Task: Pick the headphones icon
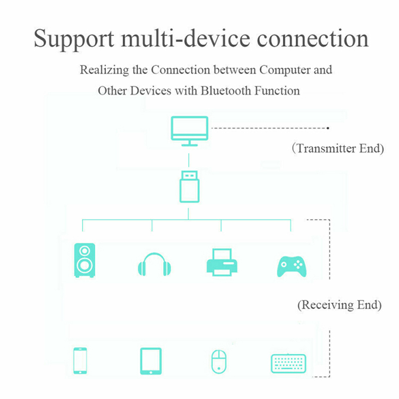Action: tap(154, 264)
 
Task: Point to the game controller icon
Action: tap(291, 265)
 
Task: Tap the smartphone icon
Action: tap(80, 361)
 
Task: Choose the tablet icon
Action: tap(151, 361)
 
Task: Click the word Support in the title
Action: tap(68, 39)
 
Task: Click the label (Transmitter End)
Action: tap(338, 149)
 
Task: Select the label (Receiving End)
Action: tap(339, 305)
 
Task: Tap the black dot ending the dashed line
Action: tap(328, 128)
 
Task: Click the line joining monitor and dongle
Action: tap(189, 160)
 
